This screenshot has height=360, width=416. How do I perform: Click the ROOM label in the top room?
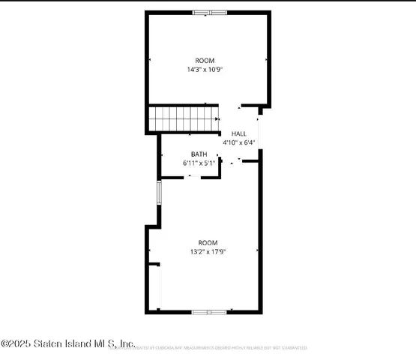click(205, 60)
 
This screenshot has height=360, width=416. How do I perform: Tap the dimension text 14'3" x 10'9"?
click(205, 69)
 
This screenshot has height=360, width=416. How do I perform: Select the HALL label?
click(238, 133)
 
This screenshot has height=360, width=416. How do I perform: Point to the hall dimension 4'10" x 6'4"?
click(239, 142)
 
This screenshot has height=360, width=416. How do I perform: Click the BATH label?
click(199, 154)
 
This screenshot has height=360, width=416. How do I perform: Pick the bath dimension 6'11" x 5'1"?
click(199, 162)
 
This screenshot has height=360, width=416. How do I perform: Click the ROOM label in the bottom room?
click(208, 242)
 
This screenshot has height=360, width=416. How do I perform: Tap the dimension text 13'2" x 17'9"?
click(208, 251)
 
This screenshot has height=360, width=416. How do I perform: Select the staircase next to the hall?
click(182, 118)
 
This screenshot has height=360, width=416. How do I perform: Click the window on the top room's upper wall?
click(210, 12)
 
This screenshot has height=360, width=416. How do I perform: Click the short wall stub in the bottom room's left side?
click(154, 264)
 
